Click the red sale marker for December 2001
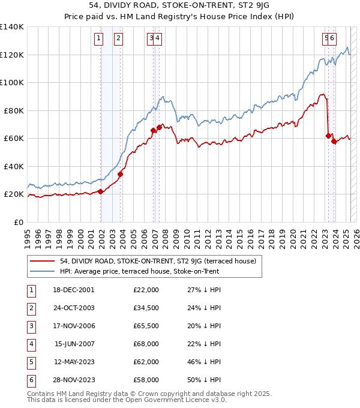101,191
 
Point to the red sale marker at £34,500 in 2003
121,174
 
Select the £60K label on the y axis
14,139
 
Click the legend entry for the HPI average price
139,271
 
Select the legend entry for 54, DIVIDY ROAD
158,261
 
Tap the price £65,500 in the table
146,326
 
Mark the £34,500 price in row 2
146,308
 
